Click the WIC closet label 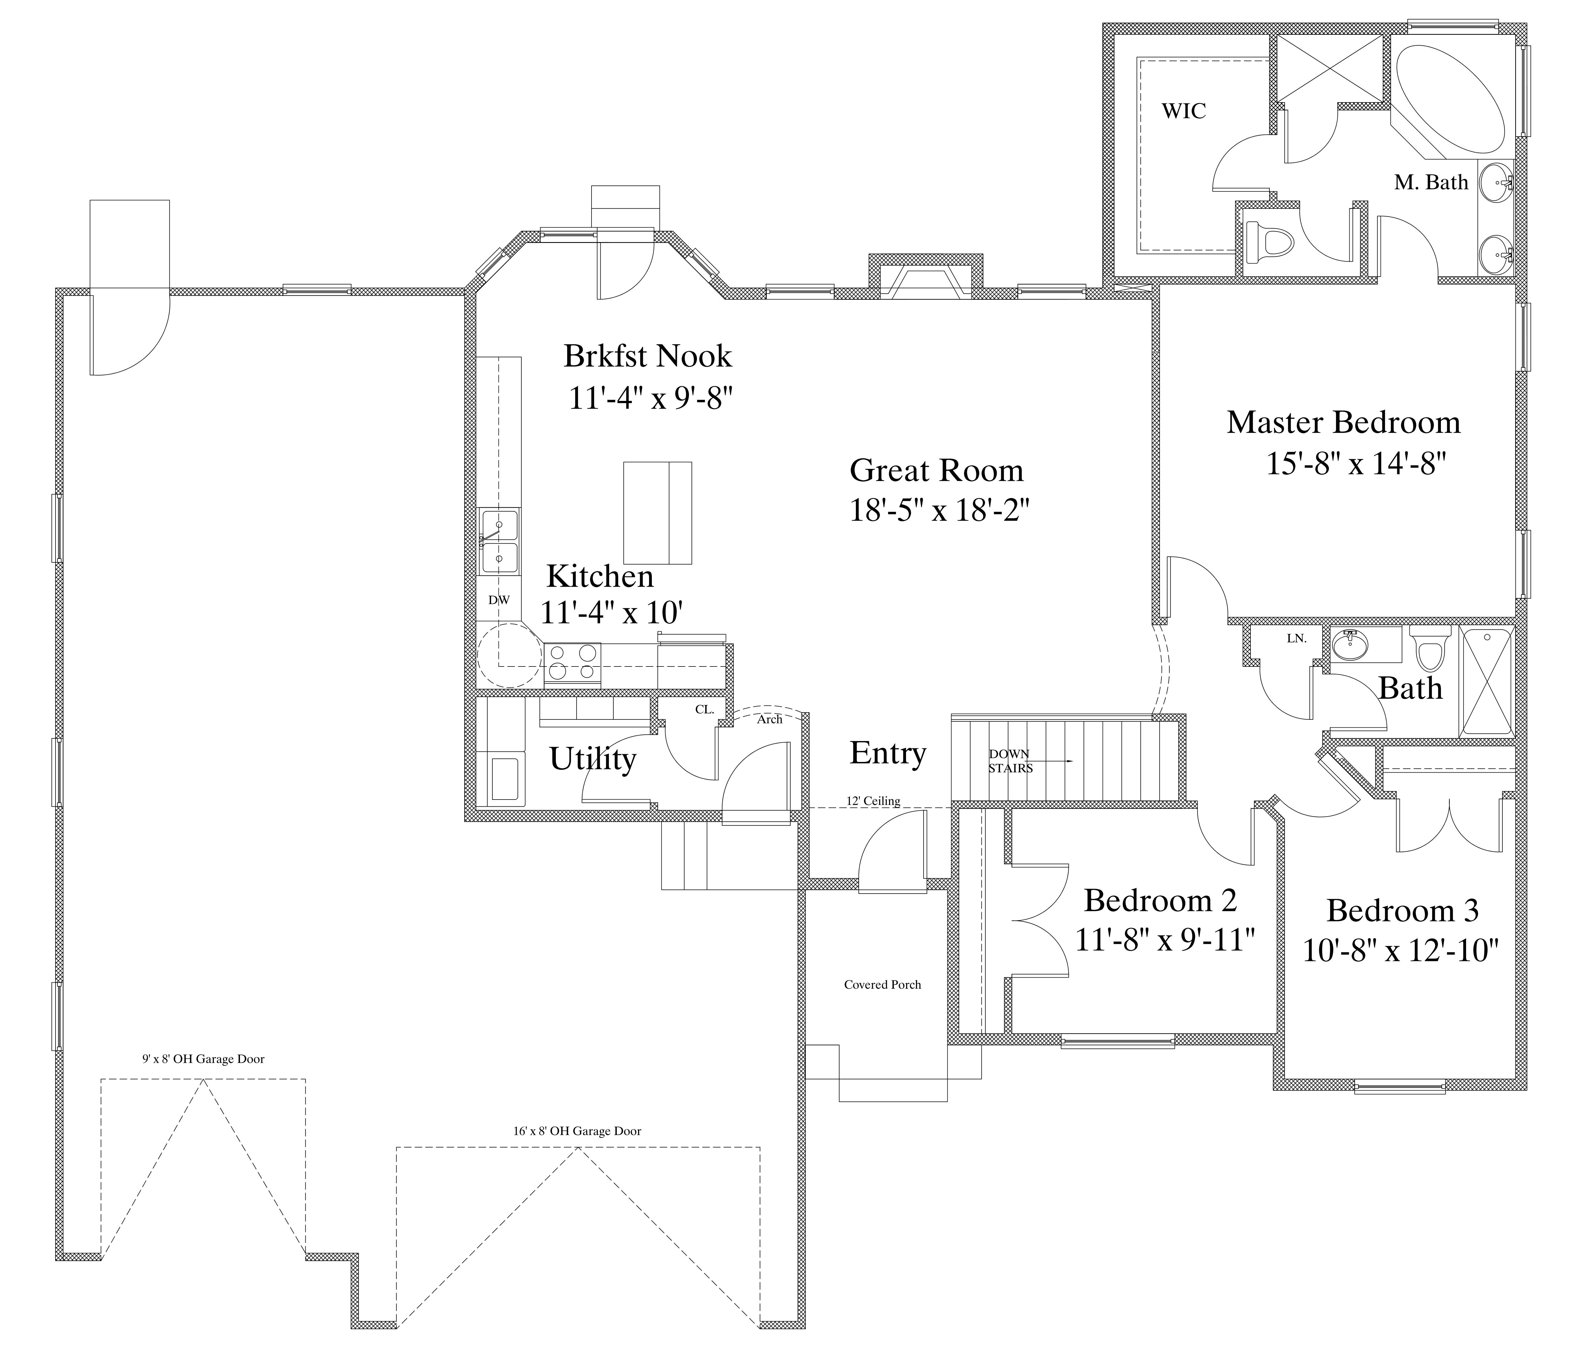pyautogui.click(x=1183, y=111)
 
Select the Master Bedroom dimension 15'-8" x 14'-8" pyautogui.click(x=1356, y=463)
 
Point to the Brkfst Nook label pyautogui.click(x=647, y=356)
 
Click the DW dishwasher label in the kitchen pyautogui.click(x=499, y=600)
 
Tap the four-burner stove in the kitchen pyautogui.click(x=572, y=662)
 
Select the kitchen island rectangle pyautogui.click(x=657, y=512)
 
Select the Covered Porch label pyautogui.click(x=882, y=985)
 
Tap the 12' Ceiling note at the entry pyautogui.click(x=873, y=801)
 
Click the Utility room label pyautogui.click(x=592, y=759)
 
